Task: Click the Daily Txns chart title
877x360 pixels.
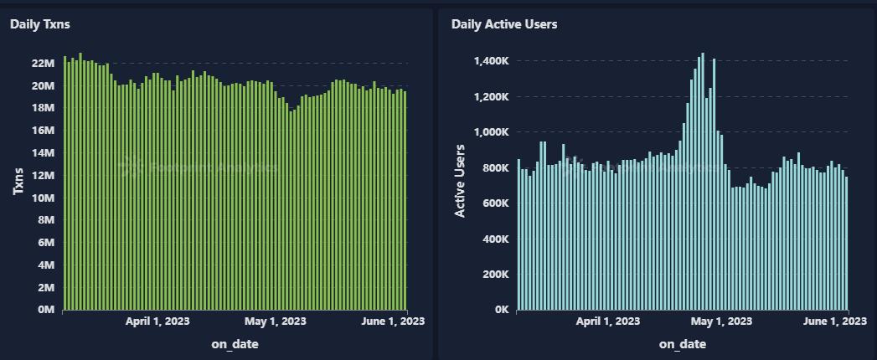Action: point(40,24)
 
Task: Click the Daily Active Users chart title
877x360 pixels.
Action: point(504,24)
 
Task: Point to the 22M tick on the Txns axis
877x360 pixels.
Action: point(43,64)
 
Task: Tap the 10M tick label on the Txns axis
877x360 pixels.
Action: point(43,198)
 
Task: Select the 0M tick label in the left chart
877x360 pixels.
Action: point(45,310)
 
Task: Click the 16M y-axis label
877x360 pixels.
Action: point(43,131)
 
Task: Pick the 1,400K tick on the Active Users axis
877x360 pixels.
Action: point(492,61)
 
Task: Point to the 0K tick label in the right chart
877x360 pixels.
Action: point(500,310)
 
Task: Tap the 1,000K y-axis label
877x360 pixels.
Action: point(492,132)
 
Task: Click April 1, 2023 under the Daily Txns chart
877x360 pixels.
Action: point(157,321)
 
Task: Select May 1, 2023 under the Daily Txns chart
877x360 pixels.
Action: point(275,321)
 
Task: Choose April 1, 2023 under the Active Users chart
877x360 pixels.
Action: point(608,321)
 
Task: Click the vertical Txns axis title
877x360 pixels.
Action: point(18,183)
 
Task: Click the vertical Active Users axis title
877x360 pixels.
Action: point(460,181)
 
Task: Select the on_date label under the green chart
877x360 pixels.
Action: point(234,344)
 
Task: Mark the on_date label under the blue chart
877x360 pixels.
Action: point(682,344)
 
